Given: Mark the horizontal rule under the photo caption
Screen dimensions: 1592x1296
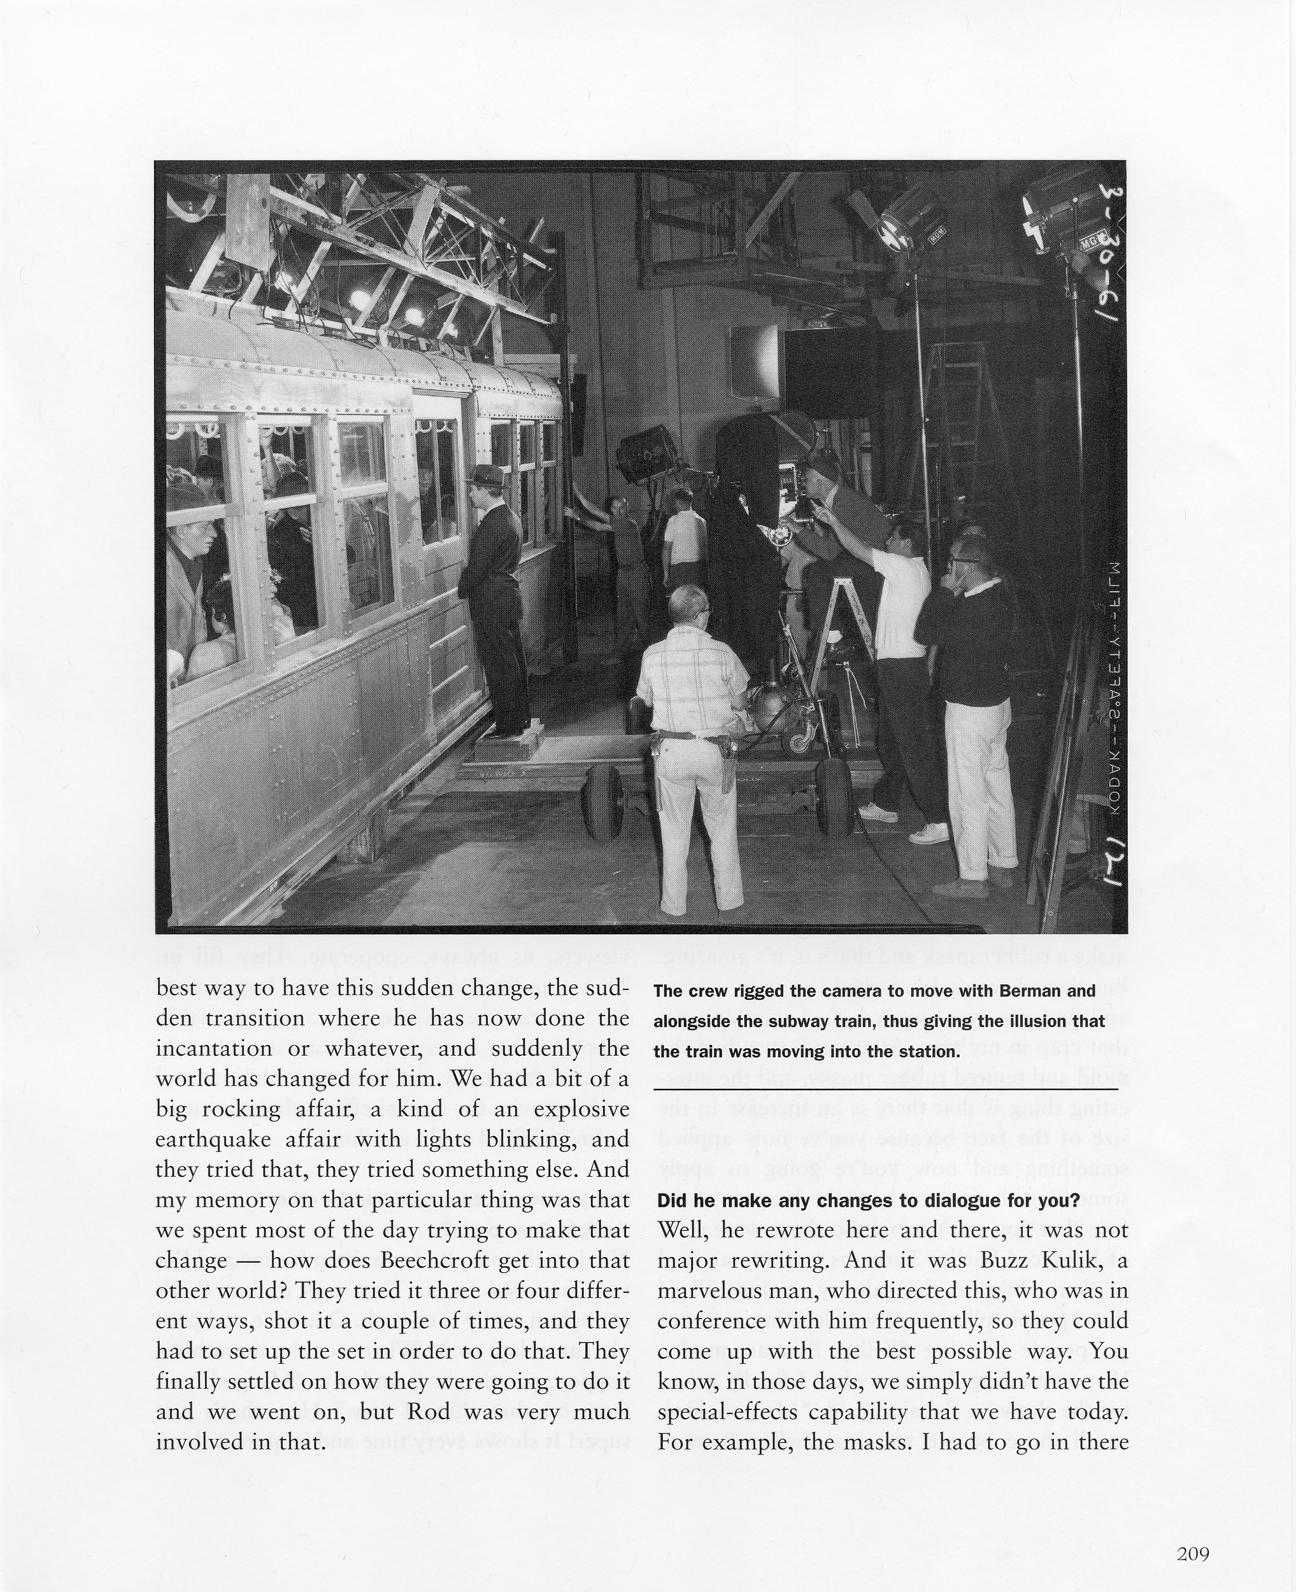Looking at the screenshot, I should tap(885, 1090).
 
